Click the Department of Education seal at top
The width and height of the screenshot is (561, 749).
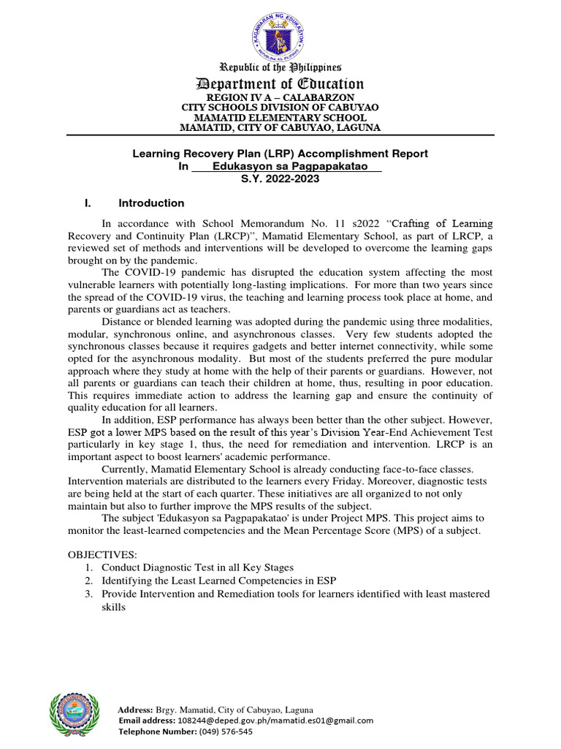(x=280, y=32)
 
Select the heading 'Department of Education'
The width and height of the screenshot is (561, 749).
(x=280, y=83)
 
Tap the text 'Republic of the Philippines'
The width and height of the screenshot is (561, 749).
(x=280, y=67)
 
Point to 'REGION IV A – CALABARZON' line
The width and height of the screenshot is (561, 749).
(x=280, y=97)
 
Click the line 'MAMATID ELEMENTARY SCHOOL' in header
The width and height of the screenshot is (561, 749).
(x=280, y=118)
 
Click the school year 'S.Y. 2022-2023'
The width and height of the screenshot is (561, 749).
(x=280, y=179)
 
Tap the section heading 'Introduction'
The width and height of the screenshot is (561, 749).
(x=151, y=203)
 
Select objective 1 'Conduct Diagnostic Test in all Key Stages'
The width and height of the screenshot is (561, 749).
(x=197, y=568)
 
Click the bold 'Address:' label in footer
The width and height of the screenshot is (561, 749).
(x=135, y=710)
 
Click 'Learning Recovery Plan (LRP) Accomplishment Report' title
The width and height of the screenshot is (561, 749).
(x=280, y=154)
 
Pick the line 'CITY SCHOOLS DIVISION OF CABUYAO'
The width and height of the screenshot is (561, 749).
(x=280, y=108)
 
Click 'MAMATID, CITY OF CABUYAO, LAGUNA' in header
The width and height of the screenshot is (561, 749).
(x=280, y=128)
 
